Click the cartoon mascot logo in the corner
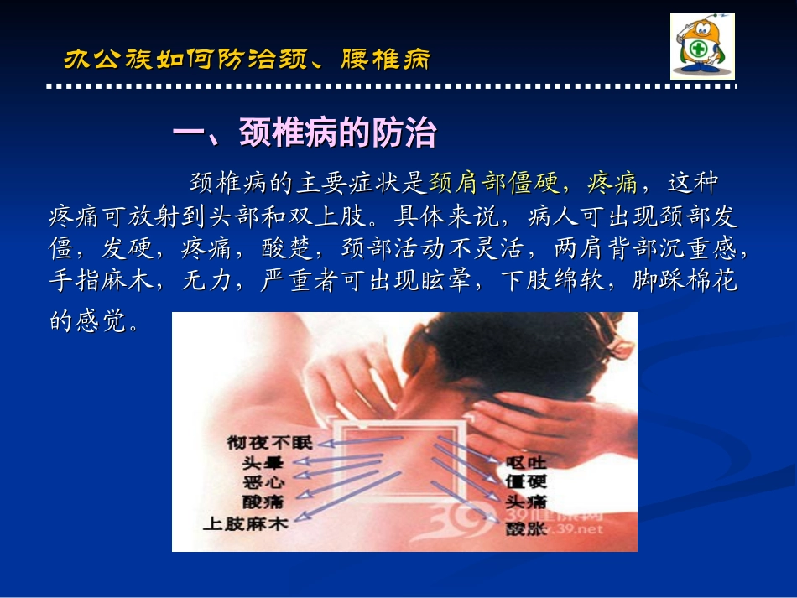tap(702, 46)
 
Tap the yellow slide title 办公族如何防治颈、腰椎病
tap(247, 60)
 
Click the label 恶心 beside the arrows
tap(264, 482)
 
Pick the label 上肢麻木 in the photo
tap(245, 523)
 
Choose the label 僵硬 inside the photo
tap(527, 482)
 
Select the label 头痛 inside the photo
tap(527, 502)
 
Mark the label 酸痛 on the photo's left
tap(264, 502)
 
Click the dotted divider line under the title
tap(391, 86)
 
